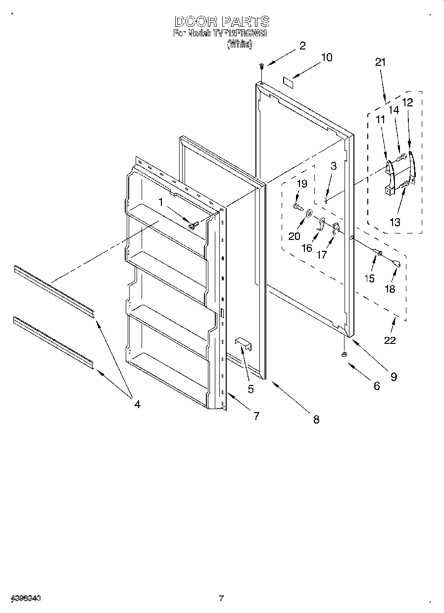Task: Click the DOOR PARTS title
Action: click(x=222, y=22)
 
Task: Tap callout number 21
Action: click(x=380, y=62)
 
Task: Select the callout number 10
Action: click(x=327, y=57)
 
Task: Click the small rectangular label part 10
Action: click(x=288, y=81)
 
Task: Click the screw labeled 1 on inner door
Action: click(x=193, y=225)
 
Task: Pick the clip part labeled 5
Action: click(x=244, y=343)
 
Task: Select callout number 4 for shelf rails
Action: click(x=137, y=404)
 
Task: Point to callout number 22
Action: click(x=390, y=340)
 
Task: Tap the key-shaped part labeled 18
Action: click(x=396, y=263)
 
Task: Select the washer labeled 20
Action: click(x=308, y=213)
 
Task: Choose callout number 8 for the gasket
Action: click(x=316, y=420)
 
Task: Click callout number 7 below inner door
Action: click(x=256, y=416)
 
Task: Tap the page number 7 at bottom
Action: click(x=221, y=598)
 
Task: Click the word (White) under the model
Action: click(x=240, y=45)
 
